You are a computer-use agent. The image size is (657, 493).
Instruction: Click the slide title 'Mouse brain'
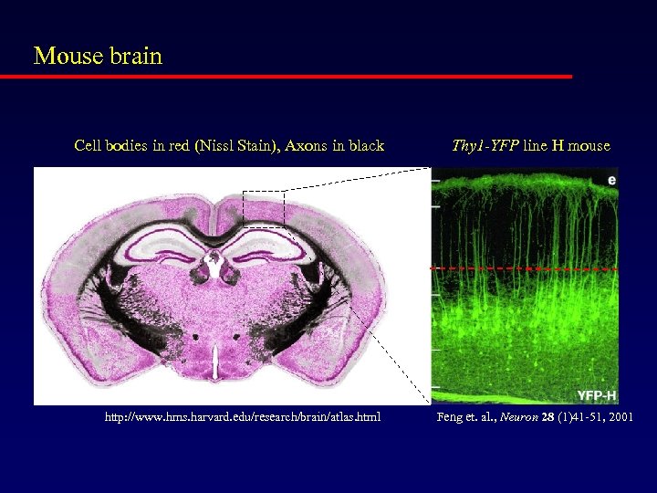click(98, 56)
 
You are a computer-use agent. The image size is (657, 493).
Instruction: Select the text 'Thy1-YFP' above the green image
click(485, 145)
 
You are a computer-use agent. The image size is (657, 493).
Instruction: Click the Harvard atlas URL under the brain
click(242, 417)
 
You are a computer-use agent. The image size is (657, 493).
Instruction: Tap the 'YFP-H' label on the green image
click(596, 394)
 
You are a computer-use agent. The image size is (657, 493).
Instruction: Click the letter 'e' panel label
click(610, 180)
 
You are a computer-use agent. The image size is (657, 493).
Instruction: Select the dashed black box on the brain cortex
click(264, 207)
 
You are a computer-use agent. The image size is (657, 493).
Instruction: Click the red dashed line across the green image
click(525, 269)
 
